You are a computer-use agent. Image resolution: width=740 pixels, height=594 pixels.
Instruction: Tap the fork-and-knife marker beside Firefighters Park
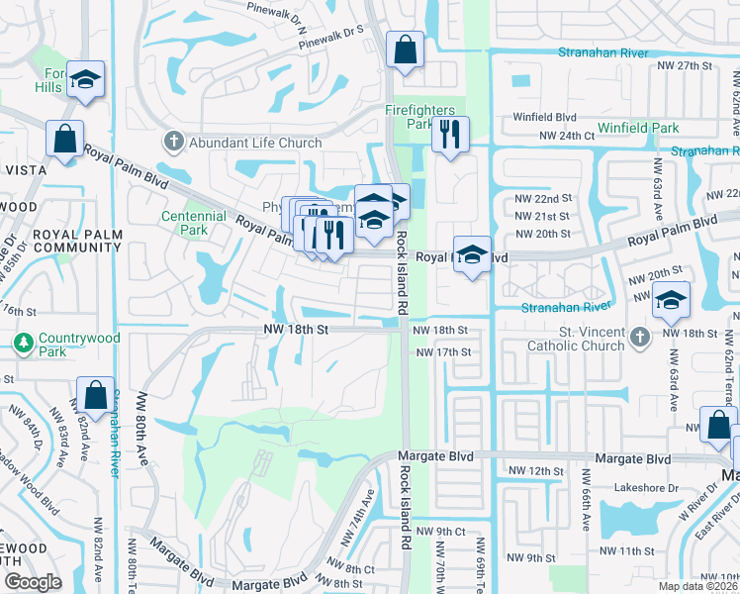450,136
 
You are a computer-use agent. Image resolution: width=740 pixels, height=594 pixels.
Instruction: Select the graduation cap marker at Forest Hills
87,82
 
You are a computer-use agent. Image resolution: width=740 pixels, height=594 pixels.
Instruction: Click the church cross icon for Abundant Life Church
175,143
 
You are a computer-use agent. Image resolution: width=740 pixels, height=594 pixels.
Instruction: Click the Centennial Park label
185,222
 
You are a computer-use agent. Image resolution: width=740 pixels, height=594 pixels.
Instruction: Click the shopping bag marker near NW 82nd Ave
96,396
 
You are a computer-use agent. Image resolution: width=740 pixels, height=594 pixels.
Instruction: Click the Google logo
33,582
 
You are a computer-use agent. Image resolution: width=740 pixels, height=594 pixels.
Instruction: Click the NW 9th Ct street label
440,532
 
